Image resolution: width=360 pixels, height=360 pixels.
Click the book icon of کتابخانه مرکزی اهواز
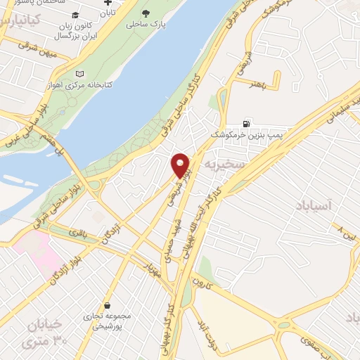[79, 73]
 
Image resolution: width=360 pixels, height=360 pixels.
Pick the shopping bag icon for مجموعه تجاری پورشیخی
[107, 306]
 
